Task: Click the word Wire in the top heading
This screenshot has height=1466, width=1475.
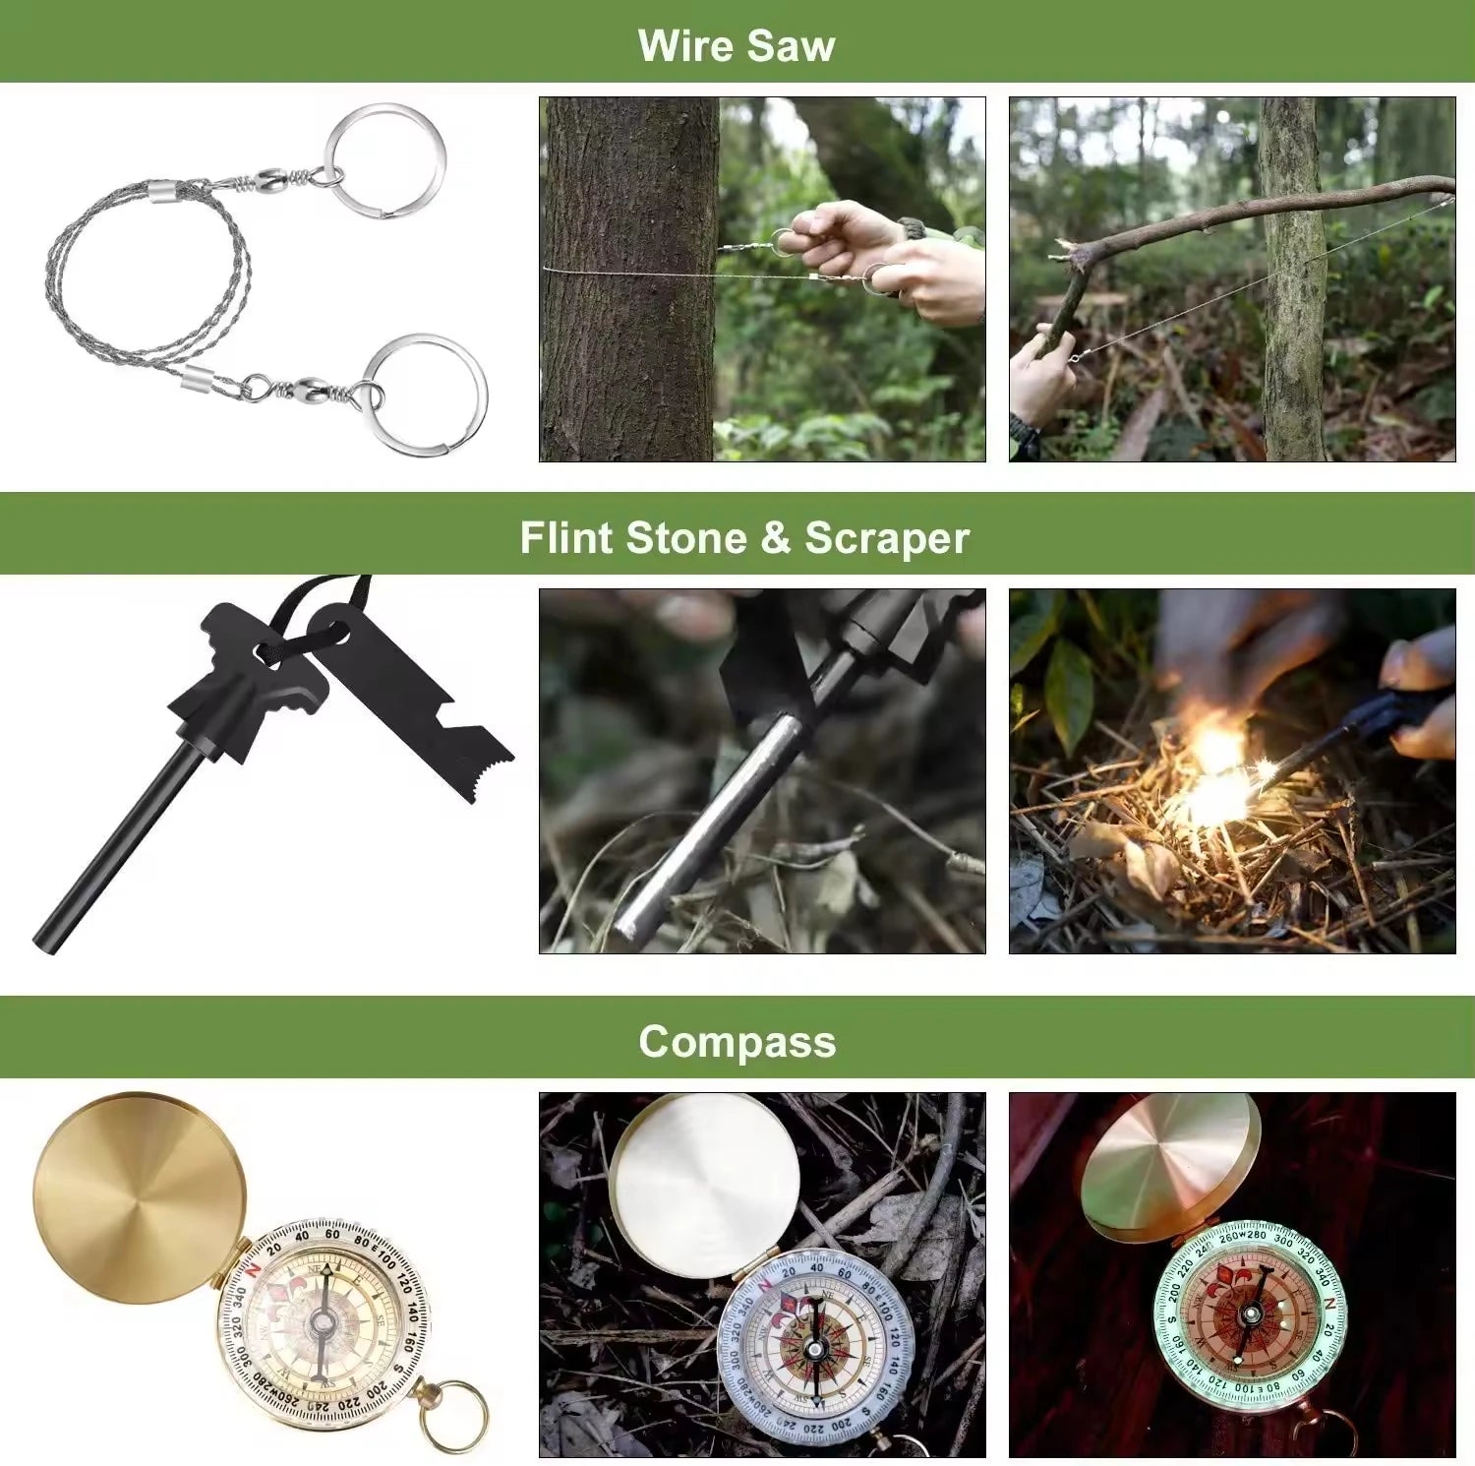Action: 684,45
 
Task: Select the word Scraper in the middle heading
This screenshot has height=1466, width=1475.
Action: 886,538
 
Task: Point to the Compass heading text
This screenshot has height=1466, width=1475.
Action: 737,1041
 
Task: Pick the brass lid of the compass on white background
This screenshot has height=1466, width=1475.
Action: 138,1195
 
